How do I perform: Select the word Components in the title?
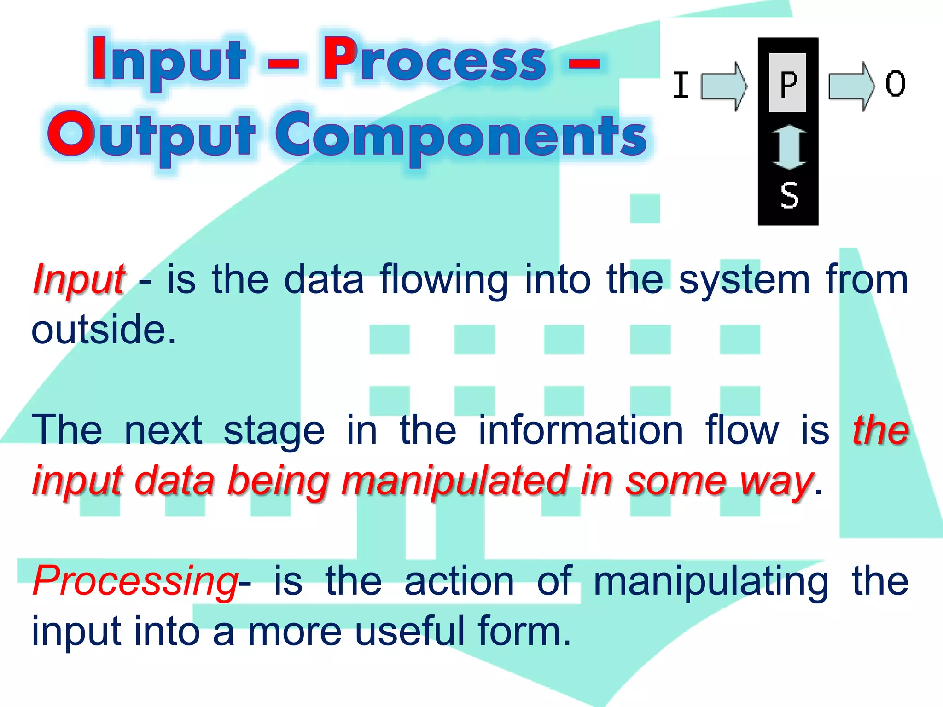[460, 136]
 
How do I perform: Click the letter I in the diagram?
[681, 85]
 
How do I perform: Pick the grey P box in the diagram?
[787, 83]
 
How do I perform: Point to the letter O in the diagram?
[895, 84]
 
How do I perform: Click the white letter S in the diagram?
[789, 195]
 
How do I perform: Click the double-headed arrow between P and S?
[789, 147]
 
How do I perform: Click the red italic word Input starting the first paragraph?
[78, 279]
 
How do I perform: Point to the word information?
[581, 430]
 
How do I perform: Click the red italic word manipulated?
[454, 481]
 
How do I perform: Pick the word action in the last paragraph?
[459, 581]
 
